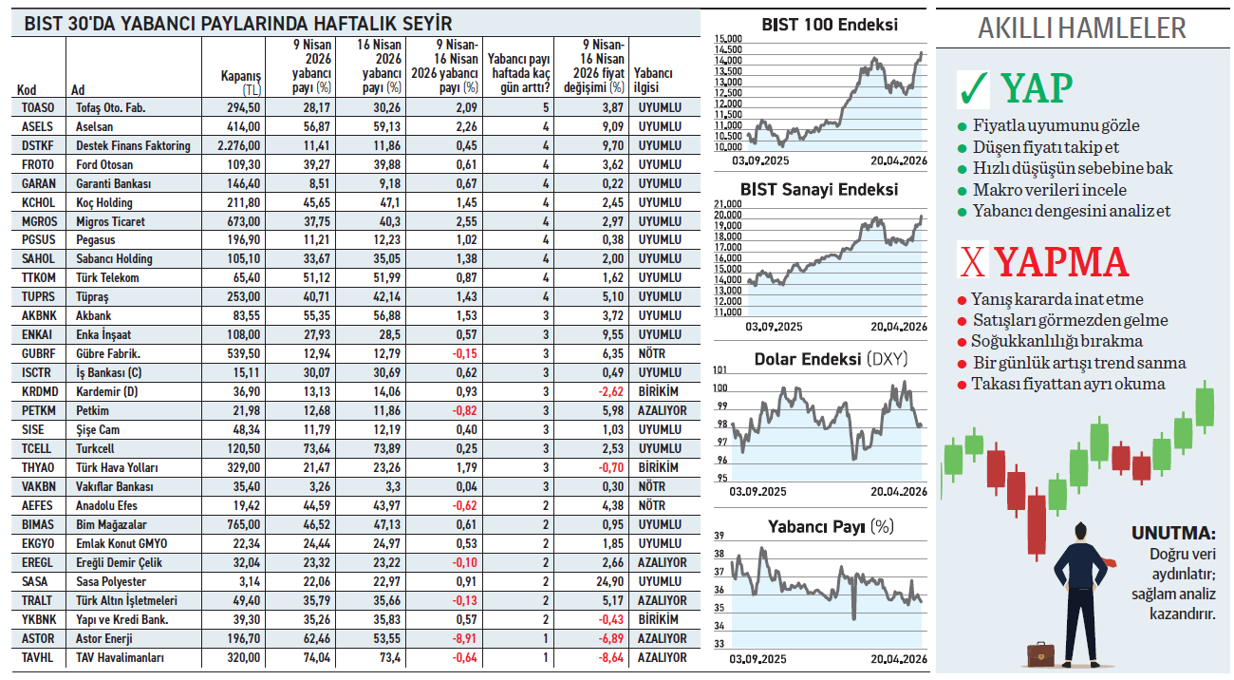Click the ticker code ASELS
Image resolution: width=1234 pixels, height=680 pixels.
(x=38, y=126)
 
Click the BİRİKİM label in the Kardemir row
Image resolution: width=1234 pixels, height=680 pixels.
(x=659, y=391)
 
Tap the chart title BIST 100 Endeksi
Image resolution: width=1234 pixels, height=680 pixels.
(x=830, y=25)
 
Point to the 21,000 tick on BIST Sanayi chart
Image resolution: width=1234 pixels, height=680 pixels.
(x=727, y=204)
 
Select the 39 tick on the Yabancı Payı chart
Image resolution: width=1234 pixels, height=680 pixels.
(x=719, y=536)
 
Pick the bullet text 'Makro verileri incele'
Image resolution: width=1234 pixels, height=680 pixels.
(x=1037, y=190)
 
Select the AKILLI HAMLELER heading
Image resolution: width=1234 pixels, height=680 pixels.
(x=1081, y=28)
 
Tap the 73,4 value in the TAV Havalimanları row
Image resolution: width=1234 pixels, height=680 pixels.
(x=387, y=657)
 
